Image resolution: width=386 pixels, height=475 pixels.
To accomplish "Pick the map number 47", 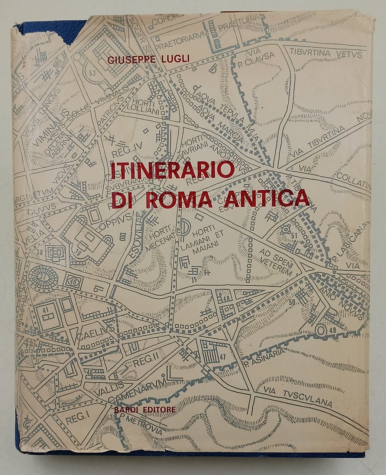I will pyautogui.click(x=223, y=357).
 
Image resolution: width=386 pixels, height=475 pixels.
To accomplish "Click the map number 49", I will pyautogui.click(x=332, y=330).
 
